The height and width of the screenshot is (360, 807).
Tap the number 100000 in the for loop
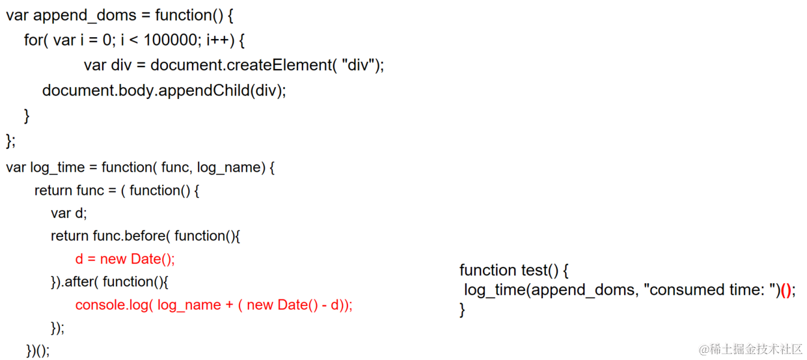coord(171,40)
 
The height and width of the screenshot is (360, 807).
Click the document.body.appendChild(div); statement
coord(164,90)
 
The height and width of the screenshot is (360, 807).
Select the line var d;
coord(69,213)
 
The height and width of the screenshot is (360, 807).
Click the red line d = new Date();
coord(125,259)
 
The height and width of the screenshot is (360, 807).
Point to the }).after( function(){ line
coord(109,282)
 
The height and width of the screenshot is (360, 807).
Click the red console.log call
coord(213,305)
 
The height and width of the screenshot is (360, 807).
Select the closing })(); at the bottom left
coord(38,350)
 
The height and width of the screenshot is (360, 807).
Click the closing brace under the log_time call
coord(463,309)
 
